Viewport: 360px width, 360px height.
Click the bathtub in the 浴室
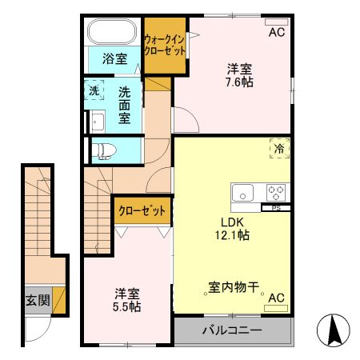(113, 33)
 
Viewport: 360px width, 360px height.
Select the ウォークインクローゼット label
(165, 44)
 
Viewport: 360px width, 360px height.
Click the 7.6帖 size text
(239, 81)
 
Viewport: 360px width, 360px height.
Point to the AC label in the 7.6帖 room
(276, 33)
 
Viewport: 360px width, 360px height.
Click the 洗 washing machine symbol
(94, 91)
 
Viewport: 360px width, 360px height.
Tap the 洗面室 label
(125, 104)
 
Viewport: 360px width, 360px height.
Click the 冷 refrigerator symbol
(280, 149)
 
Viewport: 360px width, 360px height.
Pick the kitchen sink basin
(243, 192)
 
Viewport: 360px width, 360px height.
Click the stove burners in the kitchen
(276, 192)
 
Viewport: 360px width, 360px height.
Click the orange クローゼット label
(142, 211)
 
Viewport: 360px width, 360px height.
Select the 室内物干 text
(233, 286)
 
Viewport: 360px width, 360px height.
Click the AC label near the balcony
(276, 298)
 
